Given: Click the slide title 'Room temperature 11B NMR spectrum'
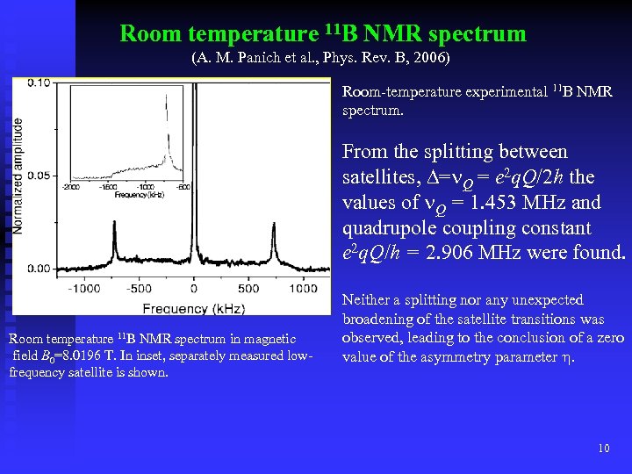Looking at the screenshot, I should [322, 34].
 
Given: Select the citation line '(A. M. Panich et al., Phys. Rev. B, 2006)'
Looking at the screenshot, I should [320, 60].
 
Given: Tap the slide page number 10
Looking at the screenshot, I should [603, 449].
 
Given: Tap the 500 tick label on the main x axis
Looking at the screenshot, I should [248, 288].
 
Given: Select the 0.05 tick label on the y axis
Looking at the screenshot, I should [38, 176].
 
